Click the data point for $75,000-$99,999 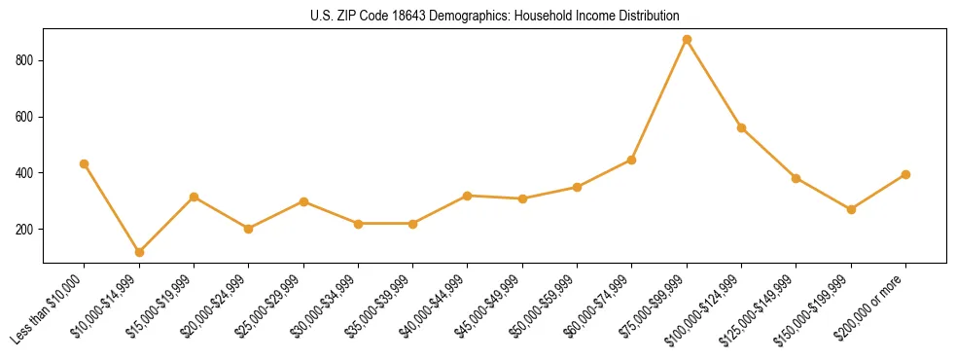click(x=687, y=40)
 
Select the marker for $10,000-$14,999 click(x=139, y=252)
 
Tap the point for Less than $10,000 click(x=85, y=163)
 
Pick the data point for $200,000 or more click(x=905, y=174)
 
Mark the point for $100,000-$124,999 click(x=741, y=127)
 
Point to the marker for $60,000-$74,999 click(x=632, y=160)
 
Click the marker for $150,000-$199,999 click(x=851, y=209)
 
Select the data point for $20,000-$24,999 click(x=248, y=229)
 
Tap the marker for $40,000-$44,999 click(x=468, y=196)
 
